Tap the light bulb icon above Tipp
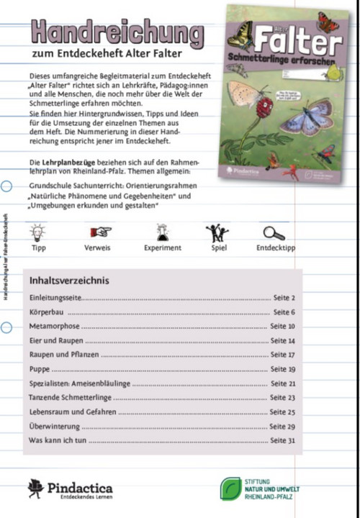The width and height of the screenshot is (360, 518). (x=38, y=232)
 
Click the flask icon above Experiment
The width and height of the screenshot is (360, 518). (x=163, y=232)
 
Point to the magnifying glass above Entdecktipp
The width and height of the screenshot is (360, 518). (x=274, y=232)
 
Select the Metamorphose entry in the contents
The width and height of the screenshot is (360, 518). (x=56, y=326)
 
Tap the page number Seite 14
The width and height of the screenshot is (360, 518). (x=282, y=340)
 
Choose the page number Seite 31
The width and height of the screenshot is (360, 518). (x=282, y=440)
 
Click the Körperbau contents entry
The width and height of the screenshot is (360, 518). (x=48, y=312)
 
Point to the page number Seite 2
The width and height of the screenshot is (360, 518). (x=284, y=297)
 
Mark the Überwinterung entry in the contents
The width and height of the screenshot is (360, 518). (x=56, y=426)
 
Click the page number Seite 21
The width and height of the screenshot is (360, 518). (x=282, y=383)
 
